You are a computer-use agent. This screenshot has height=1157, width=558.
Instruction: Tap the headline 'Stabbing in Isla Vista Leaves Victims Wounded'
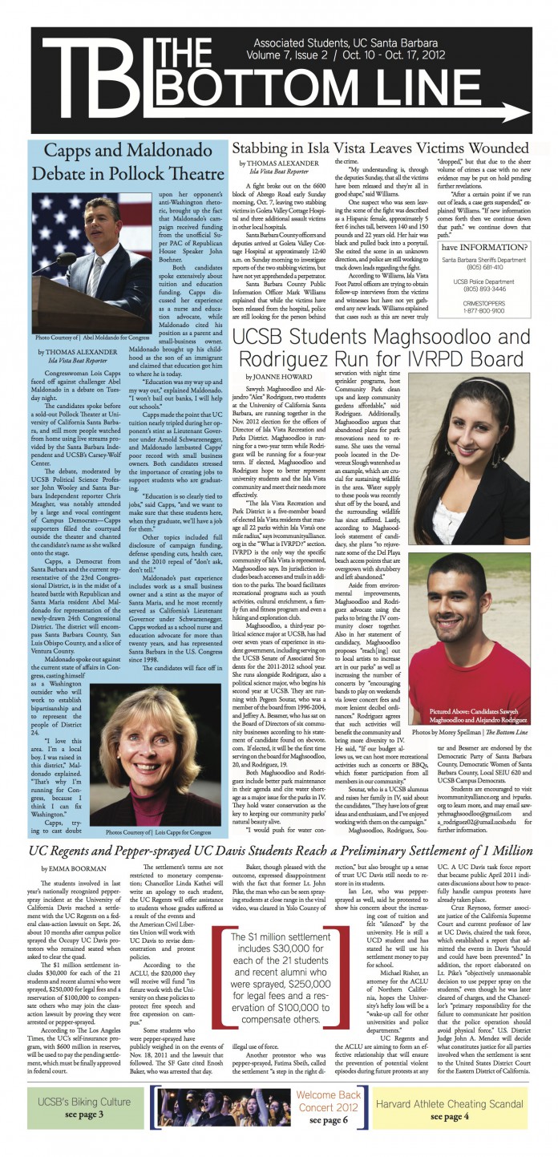381,149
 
